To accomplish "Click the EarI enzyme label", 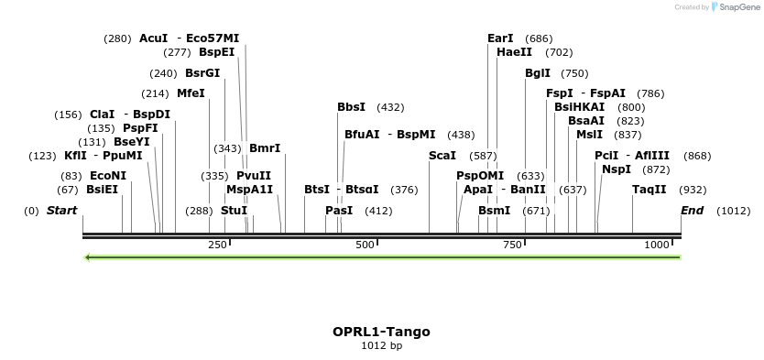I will click(500, 38).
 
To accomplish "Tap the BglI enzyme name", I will click(538, 73).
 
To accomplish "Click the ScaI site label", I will click(442, 156).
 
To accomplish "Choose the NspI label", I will click(617, 169).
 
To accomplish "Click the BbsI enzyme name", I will click(351, 107).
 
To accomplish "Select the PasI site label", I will click(339, 211).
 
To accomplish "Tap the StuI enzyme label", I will click(234, 211).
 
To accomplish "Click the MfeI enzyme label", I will click(191, 93).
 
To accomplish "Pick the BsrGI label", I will click(202, 73).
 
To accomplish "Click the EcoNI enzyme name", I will click(108, 176).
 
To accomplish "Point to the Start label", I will click(61, 211).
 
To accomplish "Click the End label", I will click(693, 211).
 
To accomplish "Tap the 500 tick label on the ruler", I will click(365, 245).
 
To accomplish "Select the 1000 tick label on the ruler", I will click(657, 245).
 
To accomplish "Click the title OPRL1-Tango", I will click(381, 332).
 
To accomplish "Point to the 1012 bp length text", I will click(381, 346).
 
